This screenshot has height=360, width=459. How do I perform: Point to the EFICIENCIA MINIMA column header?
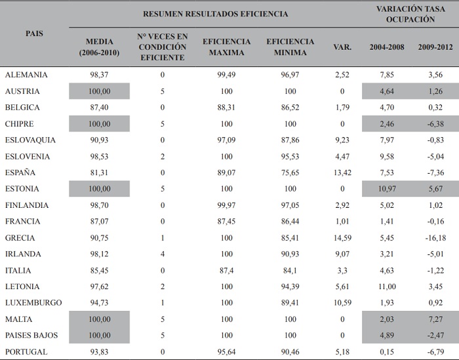pyautogui.click(x=290, y=47)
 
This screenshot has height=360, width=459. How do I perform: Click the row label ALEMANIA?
pyautogui.click(x=26, y=75)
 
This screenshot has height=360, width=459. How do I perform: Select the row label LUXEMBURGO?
pyautogui.click(x=33, y=303)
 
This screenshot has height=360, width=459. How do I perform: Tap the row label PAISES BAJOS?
pyautogui.click(x=31, y=335)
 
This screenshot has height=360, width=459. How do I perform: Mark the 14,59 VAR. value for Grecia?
pyautogui.click(x=342, y=238)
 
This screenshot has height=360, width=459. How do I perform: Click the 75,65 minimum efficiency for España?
pyautogui.click(x=290, y=172)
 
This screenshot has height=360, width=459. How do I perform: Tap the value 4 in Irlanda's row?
pyautogui.click(x=162, y=254)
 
